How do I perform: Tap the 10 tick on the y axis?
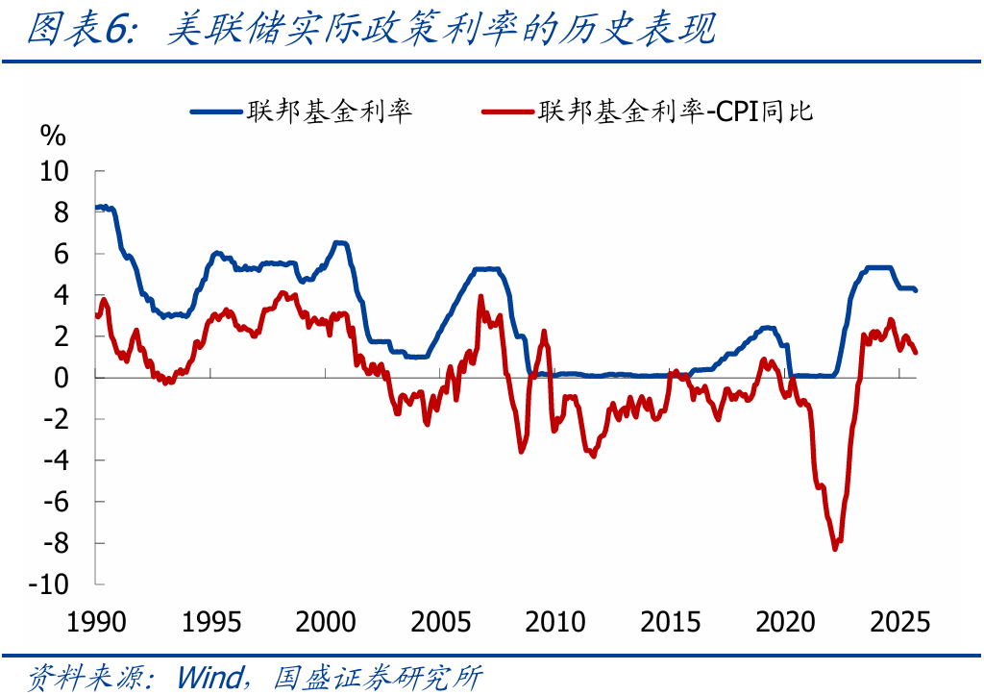click(x=54, y=171)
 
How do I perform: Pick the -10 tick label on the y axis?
click(x=49, y=584)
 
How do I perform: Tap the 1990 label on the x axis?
click(x=97, y=622)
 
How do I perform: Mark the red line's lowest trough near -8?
click(x=835, y=549)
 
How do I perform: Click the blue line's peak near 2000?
click(x=337, y=242)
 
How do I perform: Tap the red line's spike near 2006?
click(x=480, y=297)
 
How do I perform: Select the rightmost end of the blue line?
click(x=915, y=290)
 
